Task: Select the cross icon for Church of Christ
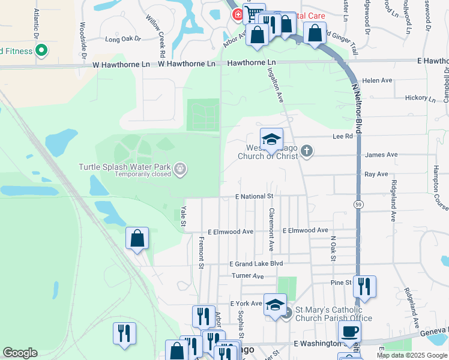tap(307, 151)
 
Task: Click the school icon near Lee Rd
tap(271, 139)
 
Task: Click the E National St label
tap(255, 196)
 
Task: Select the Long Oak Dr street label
tap(122, 40)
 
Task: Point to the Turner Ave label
tap(249, 276)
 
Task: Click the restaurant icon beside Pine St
tap(364, 286)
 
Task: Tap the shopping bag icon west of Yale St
tap(137, 238)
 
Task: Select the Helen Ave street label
tap(377, 80)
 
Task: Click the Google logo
tap(20, 353)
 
